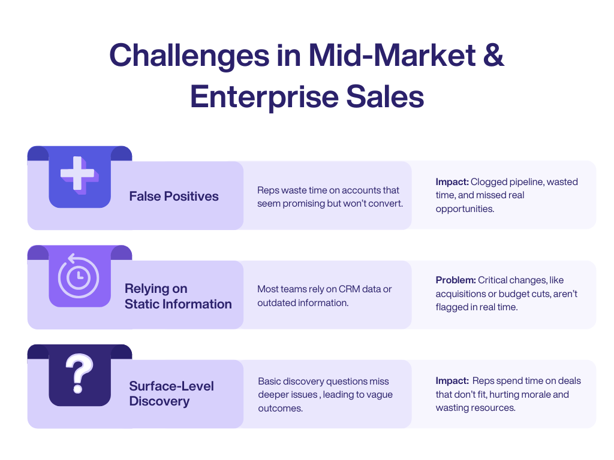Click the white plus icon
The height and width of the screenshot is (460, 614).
(79, 174)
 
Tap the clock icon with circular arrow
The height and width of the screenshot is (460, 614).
(79, 276)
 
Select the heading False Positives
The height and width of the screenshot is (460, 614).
(174, 196)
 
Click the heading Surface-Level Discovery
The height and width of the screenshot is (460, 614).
(171, 394)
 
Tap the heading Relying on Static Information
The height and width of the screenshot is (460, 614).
(178, 296)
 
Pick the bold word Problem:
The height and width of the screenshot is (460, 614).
(455, 280)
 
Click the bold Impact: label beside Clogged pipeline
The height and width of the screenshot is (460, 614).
(452, 181)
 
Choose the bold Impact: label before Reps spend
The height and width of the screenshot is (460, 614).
(452, 380)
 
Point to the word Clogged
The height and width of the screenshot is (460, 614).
(488, 181)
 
